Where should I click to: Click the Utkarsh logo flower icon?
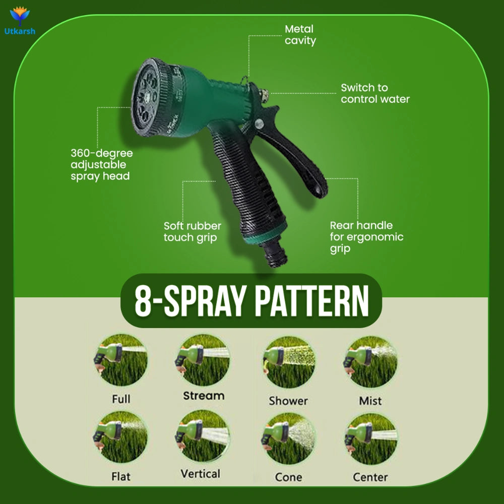coord(20,16)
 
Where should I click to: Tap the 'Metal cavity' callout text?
coord(300,35)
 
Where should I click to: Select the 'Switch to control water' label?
coord(375,93)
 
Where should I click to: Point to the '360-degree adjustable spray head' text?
coord(102,165)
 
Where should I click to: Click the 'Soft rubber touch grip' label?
coord(192,232)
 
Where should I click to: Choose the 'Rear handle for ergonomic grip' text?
coord(366,237)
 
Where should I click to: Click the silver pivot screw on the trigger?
coord(259,123)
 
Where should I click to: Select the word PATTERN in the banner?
coord(312,301)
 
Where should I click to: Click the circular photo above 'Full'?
coord(121,360)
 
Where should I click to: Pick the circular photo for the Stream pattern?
coord(202,360)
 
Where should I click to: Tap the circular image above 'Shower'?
coord(289,362)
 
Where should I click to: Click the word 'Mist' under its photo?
coord(370,401)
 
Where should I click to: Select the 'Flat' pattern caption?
coord(121,476)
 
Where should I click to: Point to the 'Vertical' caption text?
coord(201,473)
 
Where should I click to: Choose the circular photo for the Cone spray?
coord(289,438)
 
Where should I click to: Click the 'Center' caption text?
coord(370,477)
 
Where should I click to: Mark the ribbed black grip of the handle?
coord(247,180)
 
